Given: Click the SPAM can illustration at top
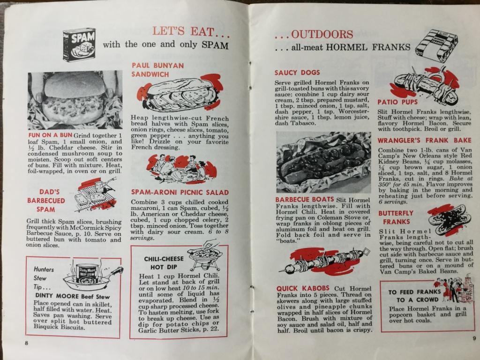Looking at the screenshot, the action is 79,45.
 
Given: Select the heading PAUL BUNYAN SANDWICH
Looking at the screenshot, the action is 158,70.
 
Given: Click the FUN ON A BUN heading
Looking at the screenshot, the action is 50,135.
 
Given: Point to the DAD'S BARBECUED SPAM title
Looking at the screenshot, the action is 46,201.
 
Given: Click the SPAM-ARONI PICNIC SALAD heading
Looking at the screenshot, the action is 180,193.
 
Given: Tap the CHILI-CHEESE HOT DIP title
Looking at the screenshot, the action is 164,262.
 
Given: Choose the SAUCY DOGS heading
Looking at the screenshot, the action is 297,73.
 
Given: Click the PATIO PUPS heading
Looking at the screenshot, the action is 397,102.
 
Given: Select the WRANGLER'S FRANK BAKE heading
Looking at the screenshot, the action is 424,141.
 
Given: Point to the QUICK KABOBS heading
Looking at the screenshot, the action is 303,288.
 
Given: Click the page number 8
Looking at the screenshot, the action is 27,343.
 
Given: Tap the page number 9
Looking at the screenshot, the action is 474,338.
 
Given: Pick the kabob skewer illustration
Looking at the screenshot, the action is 324,260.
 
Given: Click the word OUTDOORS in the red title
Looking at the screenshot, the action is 322,34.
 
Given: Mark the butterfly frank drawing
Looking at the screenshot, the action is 447,220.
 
